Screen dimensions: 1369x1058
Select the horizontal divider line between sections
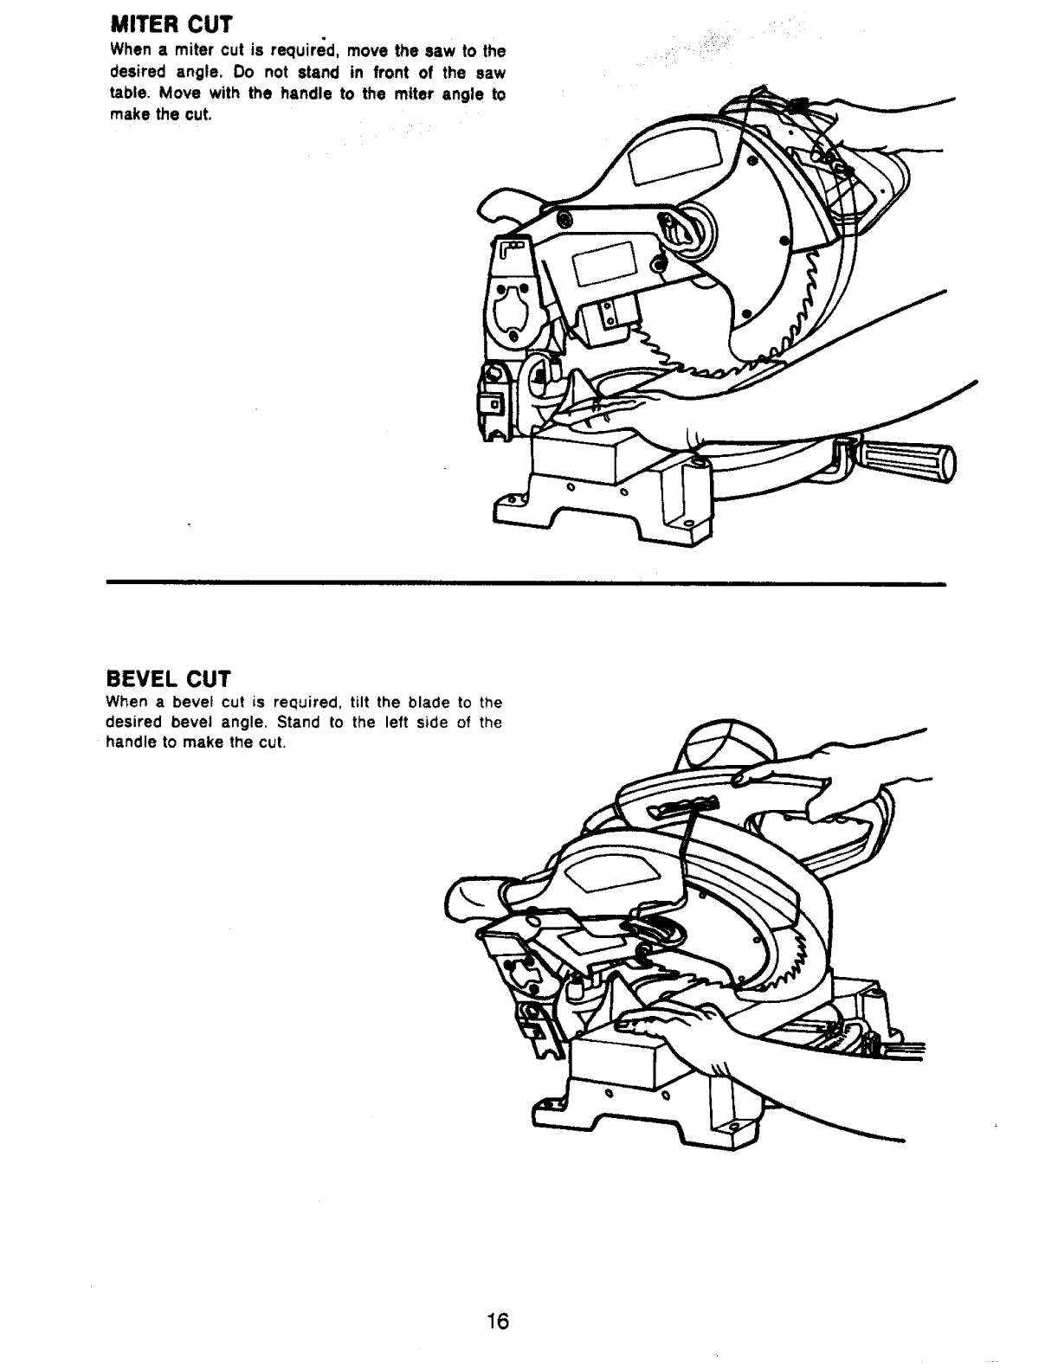(x=526, y=583)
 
